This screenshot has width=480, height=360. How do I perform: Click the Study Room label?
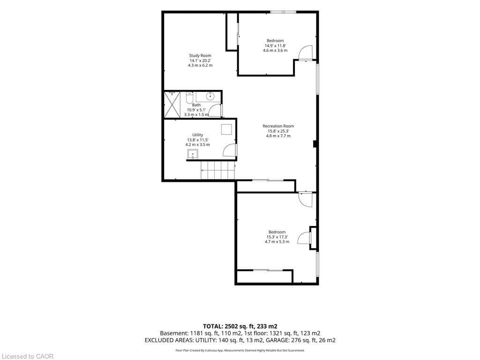(200, 55)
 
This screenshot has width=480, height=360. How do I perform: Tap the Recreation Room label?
(278, 126)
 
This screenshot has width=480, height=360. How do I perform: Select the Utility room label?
(198, 135)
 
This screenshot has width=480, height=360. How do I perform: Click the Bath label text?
(196, 105)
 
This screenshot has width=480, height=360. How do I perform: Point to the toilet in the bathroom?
(189, 97)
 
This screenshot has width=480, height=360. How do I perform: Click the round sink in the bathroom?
(210, 97)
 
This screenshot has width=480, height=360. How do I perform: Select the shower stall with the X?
(172, 105)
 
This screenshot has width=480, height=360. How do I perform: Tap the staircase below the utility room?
(218, 170)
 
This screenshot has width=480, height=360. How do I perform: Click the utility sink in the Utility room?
(193, 154)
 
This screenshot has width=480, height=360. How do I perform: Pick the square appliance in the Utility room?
(227, 129)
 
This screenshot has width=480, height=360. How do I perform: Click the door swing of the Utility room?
(230, 150)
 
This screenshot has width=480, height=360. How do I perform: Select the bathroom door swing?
(216, 110)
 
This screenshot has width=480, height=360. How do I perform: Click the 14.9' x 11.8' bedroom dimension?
(275, 45)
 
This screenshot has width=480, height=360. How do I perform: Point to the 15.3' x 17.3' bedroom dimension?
(277, 237)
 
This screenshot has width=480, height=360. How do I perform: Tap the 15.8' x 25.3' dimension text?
(278, 131)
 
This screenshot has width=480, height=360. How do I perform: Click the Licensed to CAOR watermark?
(27, 356)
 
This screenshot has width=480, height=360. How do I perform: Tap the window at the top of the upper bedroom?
(283, 12)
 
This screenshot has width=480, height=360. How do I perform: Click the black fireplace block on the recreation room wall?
(315, 144)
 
